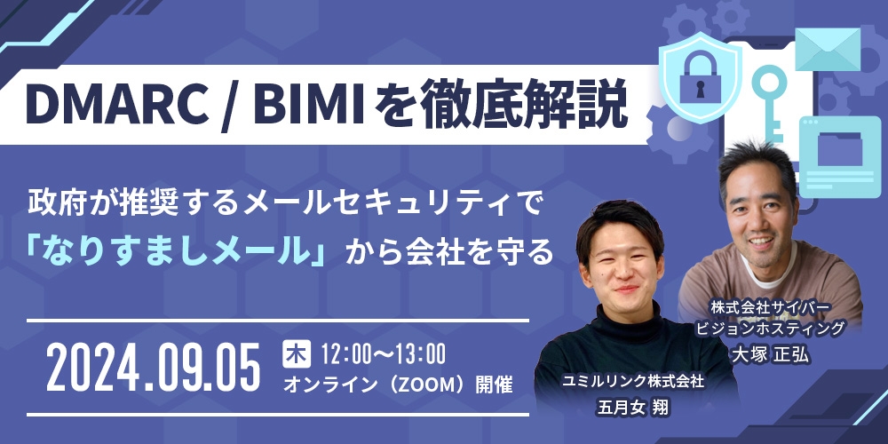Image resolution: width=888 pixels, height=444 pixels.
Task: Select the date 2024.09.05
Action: click(154, 368)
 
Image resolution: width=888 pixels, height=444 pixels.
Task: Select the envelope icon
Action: click(828, 49)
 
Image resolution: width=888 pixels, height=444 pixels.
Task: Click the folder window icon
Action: click(831, 147)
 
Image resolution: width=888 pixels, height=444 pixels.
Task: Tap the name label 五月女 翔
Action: click(633, 409)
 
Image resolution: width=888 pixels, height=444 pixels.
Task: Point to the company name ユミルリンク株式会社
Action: click(633, 382)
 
